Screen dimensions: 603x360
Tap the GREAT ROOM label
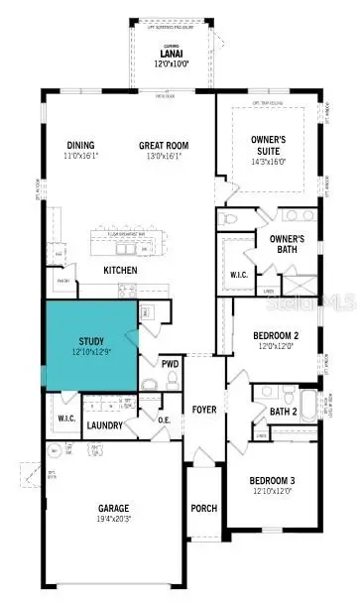(164, 145)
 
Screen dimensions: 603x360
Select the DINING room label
(80, 145)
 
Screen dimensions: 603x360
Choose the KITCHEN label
(120, 270)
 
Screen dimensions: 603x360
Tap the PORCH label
(202, 509)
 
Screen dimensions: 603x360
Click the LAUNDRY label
(104, 425)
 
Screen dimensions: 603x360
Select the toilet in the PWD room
(150, 383)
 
